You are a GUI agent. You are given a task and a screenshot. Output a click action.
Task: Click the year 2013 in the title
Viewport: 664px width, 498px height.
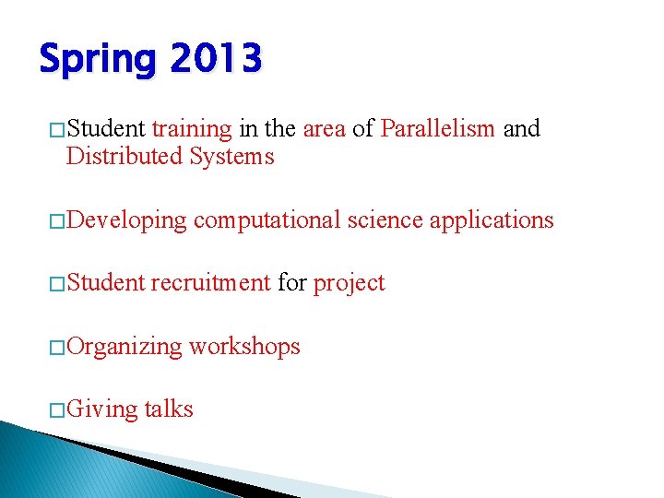[216, 59]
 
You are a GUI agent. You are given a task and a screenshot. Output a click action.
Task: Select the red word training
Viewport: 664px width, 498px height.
[191, 128]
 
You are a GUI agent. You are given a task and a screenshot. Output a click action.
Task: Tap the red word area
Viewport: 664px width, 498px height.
[324, 128]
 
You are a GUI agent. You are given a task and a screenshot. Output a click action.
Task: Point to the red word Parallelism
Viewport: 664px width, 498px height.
[438, 128]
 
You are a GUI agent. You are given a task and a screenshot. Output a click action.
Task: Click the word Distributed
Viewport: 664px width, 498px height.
[125, 157]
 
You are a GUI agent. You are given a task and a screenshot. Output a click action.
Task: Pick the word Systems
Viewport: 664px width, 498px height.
[232, 157]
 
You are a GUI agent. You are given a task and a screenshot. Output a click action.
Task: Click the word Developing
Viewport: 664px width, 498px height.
[126, 220]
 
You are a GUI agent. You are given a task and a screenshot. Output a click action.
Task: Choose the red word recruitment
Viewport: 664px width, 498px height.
[210, 283]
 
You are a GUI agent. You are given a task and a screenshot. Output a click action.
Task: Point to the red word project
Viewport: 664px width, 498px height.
[349, 284]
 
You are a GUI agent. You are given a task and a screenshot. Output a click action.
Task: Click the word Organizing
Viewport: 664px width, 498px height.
[125, 347]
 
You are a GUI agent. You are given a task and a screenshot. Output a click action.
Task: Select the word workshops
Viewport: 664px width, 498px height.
[244, 347]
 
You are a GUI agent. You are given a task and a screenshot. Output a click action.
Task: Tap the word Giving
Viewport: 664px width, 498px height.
[101, 409]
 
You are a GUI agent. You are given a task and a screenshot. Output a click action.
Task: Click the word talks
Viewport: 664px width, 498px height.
[169, 409]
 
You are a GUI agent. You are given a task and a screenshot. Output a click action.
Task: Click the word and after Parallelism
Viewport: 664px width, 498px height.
[521, 128]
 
